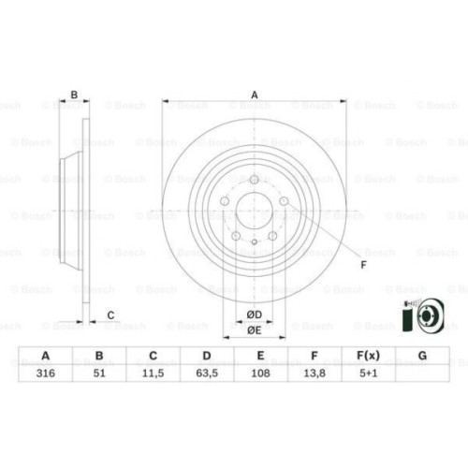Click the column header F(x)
(x=368, y=357)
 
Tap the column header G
(x=422, y=357)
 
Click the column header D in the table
(x=207, y=357)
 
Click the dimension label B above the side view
(x=74, y=95)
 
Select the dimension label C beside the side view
(x=110, y=314)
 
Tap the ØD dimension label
(x=253, y=314)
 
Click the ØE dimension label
(x=253, y=329)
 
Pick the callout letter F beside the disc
(x=363, y=265)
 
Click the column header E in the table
(x=260, y=357)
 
